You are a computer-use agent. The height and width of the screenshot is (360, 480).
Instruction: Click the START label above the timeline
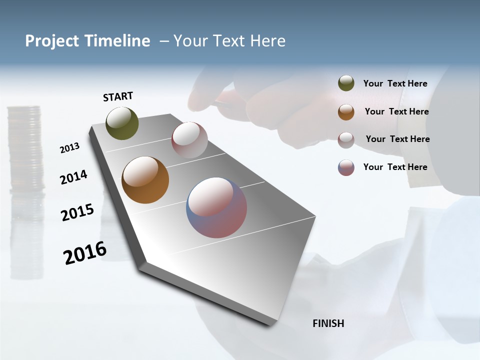coord(118,96)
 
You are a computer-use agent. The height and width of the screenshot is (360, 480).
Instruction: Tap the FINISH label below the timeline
coord(328,323)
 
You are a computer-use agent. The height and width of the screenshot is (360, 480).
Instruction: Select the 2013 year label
coord(69,147)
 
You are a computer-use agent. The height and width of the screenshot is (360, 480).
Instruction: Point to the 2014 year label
coord(73,177)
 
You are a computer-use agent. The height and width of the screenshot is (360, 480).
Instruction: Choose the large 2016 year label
coord(85,252)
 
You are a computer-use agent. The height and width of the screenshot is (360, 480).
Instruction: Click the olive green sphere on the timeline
coord(122,123)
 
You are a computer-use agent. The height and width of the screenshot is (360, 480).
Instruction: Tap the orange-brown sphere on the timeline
coord(145,180)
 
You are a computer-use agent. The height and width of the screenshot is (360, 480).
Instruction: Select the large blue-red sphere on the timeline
coord(216,207)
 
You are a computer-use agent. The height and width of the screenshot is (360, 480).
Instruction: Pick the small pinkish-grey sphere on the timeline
coord(189,139)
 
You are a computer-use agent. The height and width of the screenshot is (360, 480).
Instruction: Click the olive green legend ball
coord(346,83)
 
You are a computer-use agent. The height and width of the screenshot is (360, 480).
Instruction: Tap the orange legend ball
coord(346,112)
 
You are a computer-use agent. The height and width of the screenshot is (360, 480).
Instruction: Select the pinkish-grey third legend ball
coord(346,140)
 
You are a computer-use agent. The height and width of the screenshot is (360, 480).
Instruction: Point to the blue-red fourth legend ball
coord(346,167)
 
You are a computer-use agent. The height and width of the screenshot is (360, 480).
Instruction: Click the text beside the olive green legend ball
coord(395,83)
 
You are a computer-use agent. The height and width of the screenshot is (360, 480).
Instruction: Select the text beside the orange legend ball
coord(396,111)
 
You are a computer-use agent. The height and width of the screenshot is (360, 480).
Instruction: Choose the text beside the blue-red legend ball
coord(395,167)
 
